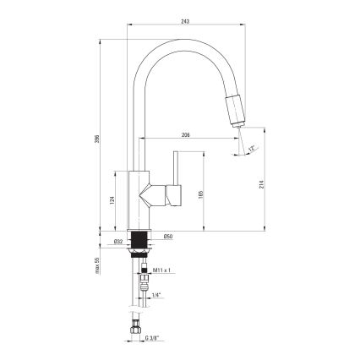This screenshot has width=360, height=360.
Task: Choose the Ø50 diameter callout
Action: pos(167,236)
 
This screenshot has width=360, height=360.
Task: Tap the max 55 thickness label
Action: pos(98,265)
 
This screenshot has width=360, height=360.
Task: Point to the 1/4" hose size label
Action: pos(157,295)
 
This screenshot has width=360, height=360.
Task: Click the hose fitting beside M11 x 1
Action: pos(144,271)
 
